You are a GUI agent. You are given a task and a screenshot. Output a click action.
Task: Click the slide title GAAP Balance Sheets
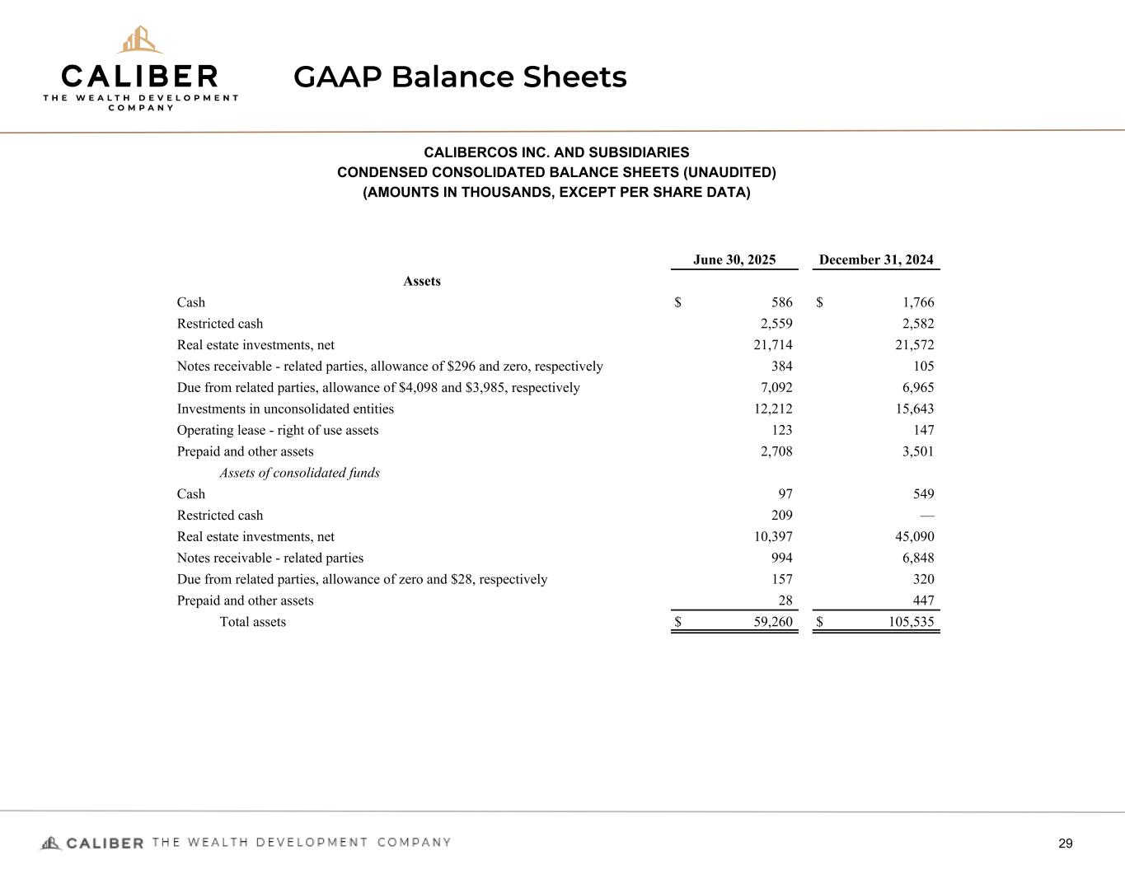pos(460,77)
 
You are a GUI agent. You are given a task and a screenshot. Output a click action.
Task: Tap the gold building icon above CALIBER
pos(139,40)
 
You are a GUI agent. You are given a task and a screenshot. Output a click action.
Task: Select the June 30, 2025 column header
pos(734,260)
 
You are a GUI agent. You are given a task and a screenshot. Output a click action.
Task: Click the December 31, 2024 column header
pos(876,260)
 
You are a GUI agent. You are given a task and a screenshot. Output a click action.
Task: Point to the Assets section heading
pos(422,282)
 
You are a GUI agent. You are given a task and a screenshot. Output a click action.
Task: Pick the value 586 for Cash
pos(781,302)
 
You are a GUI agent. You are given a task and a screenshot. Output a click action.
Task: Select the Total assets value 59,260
pos(773,622)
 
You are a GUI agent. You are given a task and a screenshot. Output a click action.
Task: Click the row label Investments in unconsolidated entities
pos(285,409)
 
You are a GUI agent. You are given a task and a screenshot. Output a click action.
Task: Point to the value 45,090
pos(914,537)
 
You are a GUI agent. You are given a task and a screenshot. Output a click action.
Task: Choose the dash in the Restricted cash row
pos(927,516)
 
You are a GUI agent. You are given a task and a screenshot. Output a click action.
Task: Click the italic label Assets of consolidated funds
pos(299,473)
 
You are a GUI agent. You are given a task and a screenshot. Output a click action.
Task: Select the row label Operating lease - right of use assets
pos(278,430)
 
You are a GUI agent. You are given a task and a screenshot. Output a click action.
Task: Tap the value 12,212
pos(773,409)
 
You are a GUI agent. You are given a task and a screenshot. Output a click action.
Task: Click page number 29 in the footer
pos(1066,843)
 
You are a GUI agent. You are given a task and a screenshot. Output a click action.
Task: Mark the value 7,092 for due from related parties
pos(776,388)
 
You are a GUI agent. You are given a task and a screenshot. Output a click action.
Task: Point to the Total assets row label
pos(252,622)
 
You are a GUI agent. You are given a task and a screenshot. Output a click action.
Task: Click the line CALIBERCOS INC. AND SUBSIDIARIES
pos(556,152)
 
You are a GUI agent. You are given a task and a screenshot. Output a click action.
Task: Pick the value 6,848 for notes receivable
pos(917,558)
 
